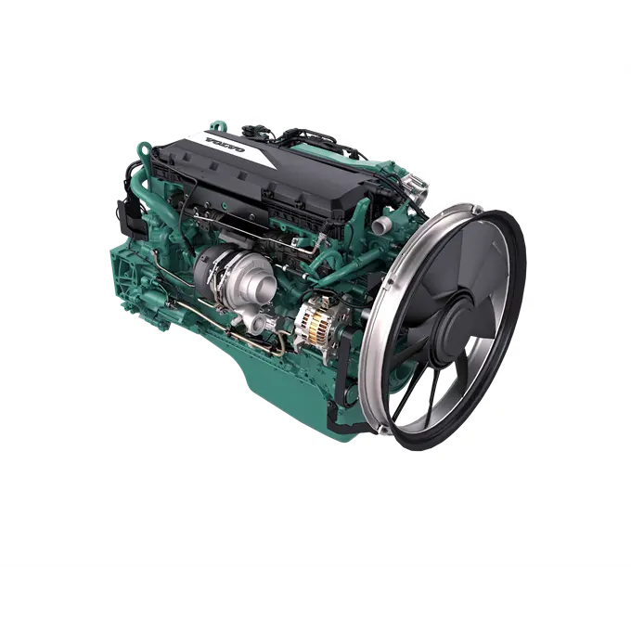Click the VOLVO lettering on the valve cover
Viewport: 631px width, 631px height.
pyautogui.click(x=225, y=145)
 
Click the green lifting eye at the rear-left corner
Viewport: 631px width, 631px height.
pyautogui.click(x=144, y=150)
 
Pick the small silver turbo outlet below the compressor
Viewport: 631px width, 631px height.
pyautogui.click(x=257, y=322)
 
